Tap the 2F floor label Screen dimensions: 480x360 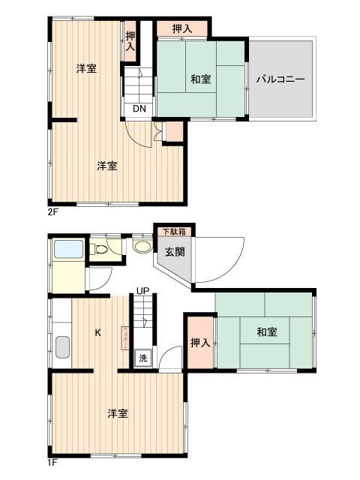(52, 212)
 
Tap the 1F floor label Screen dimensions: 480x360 (52, 463)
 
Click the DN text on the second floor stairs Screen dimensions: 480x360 (139, 108)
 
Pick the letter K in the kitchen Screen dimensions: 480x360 (97, 332)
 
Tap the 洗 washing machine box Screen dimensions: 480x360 (142, 358)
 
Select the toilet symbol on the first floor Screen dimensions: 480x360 (99, 249)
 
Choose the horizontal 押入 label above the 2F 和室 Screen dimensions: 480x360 (182, 29)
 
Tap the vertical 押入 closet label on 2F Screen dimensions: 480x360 (130, 40)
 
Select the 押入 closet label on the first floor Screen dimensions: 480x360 (199, 343)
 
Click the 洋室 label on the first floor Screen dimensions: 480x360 (117, 413)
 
